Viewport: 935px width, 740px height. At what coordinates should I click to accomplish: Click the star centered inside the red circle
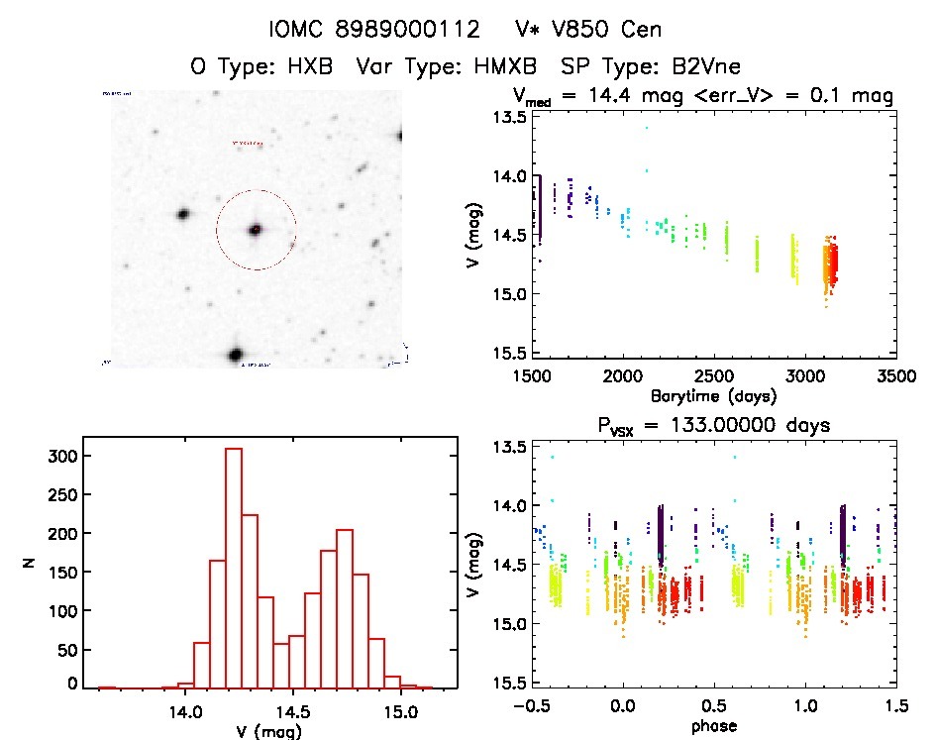pos(256,230)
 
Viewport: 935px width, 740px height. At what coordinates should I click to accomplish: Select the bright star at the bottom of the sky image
pos(236,354)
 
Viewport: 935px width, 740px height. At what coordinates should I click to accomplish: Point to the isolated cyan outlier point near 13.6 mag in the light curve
pos(646,128)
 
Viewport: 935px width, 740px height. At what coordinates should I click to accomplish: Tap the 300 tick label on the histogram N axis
pos(60,457)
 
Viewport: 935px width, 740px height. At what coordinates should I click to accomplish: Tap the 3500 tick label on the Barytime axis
pos(895,375)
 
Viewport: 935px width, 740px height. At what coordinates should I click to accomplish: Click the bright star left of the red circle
pos(183,214)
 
